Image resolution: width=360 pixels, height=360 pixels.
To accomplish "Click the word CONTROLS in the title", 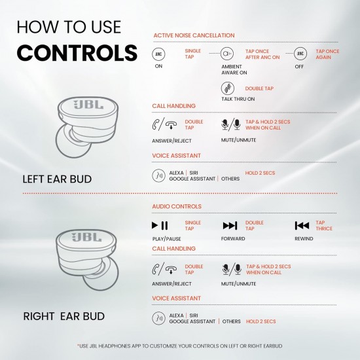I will coord(77,52).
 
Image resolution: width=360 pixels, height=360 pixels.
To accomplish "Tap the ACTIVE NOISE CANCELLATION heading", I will coord(193,35).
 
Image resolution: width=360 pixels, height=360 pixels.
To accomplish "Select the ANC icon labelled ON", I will coord(158,54).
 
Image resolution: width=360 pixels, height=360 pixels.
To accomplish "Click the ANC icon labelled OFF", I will coord(300,54).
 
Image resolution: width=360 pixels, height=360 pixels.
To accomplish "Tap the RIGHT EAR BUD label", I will coord(65,316).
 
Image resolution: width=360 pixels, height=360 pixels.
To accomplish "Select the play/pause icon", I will coord(160,226).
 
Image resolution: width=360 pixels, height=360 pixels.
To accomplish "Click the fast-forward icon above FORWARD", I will coord(230,226).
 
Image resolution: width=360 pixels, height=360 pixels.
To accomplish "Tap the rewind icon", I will coord(302,226).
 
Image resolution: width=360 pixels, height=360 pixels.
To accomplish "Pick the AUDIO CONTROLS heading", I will coord(177,207).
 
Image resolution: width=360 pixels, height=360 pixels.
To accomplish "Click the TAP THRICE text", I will coord(324,226).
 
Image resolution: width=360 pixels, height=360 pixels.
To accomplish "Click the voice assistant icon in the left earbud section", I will coord(158,175).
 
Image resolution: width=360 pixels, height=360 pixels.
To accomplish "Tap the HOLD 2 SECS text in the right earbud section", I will coord(261,321).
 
